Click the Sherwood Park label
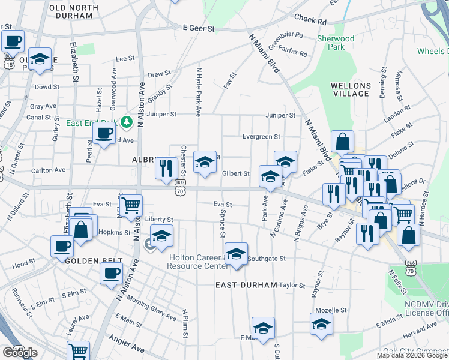336,43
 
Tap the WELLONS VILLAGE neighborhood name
350,89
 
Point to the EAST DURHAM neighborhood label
246,285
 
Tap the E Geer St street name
198,28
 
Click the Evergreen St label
261,137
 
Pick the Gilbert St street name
235,174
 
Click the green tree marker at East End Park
126,122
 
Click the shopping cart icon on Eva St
131,206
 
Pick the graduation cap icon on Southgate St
237,253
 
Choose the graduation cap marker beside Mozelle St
321,324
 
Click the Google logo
20,353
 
